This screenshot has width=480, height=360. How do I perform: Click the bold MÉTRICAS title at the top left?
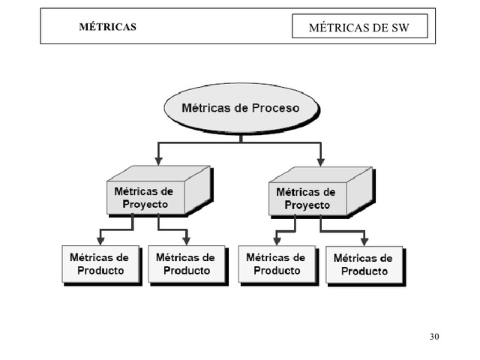[x=108, y=28]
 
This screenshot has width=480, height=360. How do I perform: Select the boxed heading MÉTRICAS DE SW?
[x=359, y=28]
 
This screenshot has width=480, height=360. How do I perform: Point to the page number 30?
[x=434, y=335]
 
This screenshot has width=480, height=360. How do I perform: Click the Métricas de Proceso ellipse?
[x=240, y=108]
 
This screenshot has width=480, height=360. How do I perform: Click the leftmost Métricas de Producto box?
[x=100, y=264]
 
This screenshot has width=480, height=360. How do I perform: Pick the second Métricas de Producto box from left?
[x=186, y=264]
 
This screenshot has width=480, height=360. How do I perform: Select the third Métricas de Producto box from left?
[x=276, y=264]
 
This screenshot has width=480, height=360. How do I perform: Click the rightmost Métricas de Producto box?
[x=364, y=265]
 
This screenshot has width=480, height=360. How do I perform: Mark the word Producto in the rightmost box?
[x=364, y=271]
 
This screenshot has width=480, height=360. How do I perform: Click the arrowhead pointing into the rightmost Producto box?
[x=364, y=240]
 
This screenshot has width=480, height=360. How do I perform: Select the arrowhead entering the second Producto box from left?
[x=186, y=240]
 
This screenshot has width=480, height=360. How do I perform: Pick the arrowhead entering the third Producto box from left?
[x=276, y=240]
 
